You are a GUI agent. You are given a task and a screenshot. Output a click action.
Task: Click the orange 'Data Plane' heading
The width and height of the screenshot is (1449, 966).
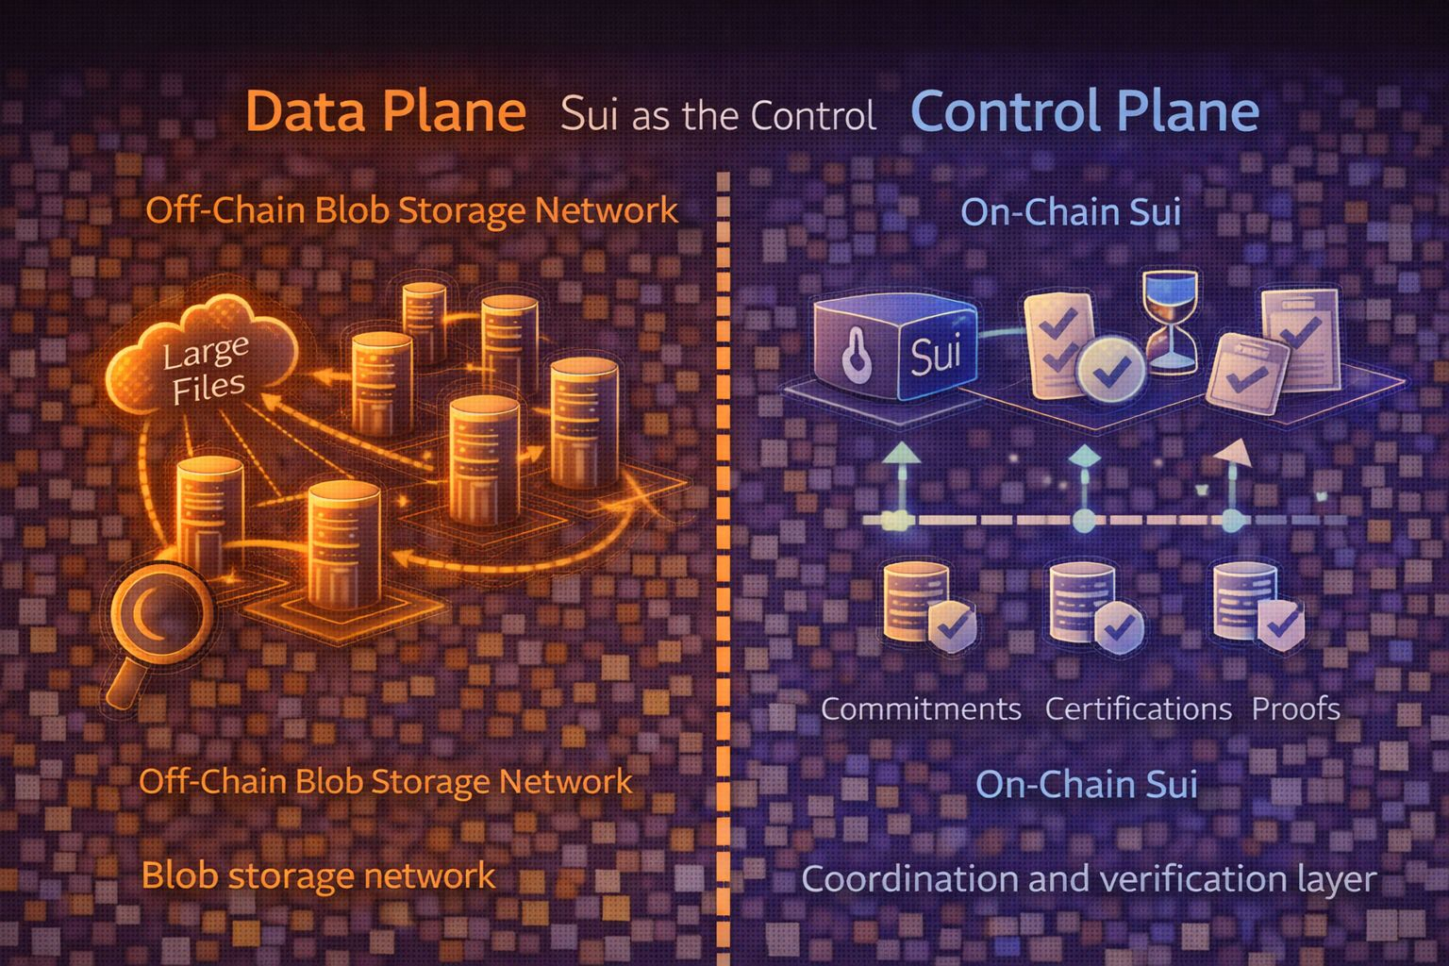coord(385,111)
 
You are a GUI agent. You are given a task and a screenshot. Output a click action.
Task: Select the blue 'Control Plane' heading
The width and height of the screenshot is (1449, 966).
coord(1085,111)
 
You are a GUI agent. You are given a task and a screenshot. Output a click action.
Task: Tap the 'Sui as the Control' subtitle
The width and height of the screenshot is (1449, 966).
coord(718,115)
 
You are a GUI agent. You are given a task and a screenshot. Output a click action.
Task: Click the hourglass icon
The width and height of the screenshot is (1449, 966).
coord(1170,321)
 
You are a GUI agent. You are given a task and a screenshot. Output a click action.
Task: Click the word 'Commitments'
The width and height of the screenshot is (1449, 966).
coord(921,708)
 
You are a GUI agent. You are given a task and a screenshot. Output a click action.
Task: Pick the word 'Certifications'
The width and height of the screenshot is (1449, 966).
coord(1138,708)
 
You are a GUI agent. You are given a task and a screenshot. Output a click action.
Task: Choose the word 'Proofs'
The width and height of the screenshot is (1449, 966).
coord(1295,708)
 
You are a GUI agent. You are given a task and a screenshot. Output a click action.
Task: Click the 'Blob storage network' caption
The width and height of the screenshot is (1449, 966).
coord(318,875)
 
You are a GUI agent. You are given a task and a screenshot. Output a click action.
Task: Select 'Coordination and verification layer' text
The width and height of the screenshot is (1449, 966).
coord(1089,879)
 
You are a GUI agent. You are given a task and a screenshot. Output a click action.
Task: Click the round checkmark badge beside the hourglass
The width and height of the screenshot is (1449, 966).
coord(1110,371)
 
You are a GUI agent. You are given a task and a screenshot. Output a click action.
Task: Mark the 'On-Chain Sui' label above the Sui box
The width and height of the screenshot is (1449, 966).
coord(1071,212)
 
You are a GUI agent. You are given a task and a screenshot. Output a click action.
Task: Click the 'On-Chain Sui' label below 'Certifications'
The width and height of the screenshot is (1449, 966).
coord(1086,784)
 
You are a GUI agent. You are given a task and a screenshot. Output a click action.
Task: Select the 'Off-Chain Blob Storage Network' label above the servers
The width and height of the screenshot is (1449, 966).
coord(411,210)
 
